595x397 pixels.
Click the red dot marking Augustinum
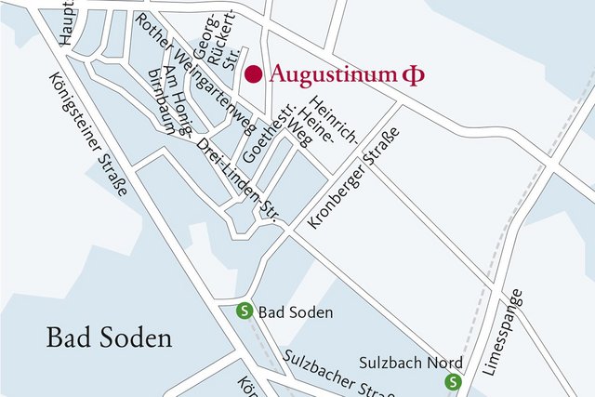(253, 74)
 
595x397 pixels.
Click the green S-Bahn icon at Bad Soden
(245, 312)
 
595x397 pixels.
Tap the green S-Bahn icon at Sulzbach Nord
(453, 381)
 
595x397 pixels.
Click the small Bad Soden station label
(295, 312)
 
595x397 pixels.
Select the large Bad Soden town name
(110, 337)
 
